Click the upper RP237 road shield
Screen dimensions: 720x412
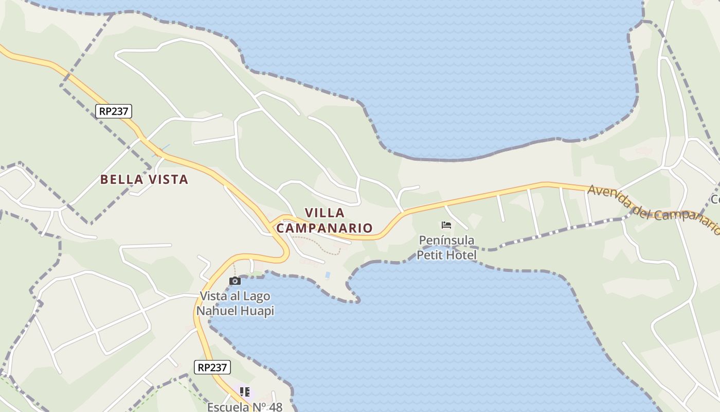coord(114,111)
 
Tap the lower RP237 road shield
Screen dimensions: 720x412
coord(212,367)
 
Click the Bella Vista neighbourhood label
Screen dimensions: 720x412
coord(144,179)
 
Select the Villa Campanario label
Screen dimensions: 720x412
coord(325,220)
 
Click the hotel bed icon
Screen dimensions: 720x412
coord(446,225)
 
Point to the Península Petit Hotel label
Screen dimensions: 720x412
coord(446,247)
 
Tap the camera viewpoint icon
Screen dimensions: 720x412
coord(235,281)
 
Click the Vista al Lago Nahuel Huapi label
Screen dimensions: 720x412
coord(235,303)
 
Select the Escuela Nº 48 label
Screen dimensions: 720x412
coord(245,406)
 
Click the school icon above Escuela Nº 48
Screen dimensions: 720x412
coord(245,392)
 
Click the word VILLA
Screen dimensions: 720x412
coord(325,213)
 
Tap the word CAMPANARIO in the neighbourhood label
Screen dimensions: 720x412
coord(325,228)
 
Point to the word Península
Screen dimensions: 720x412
coord(446,240)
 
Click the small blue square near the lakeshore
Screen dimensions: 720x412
coord(328,275)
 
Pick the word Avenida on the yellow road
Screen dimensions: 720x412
coord(607,194)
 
